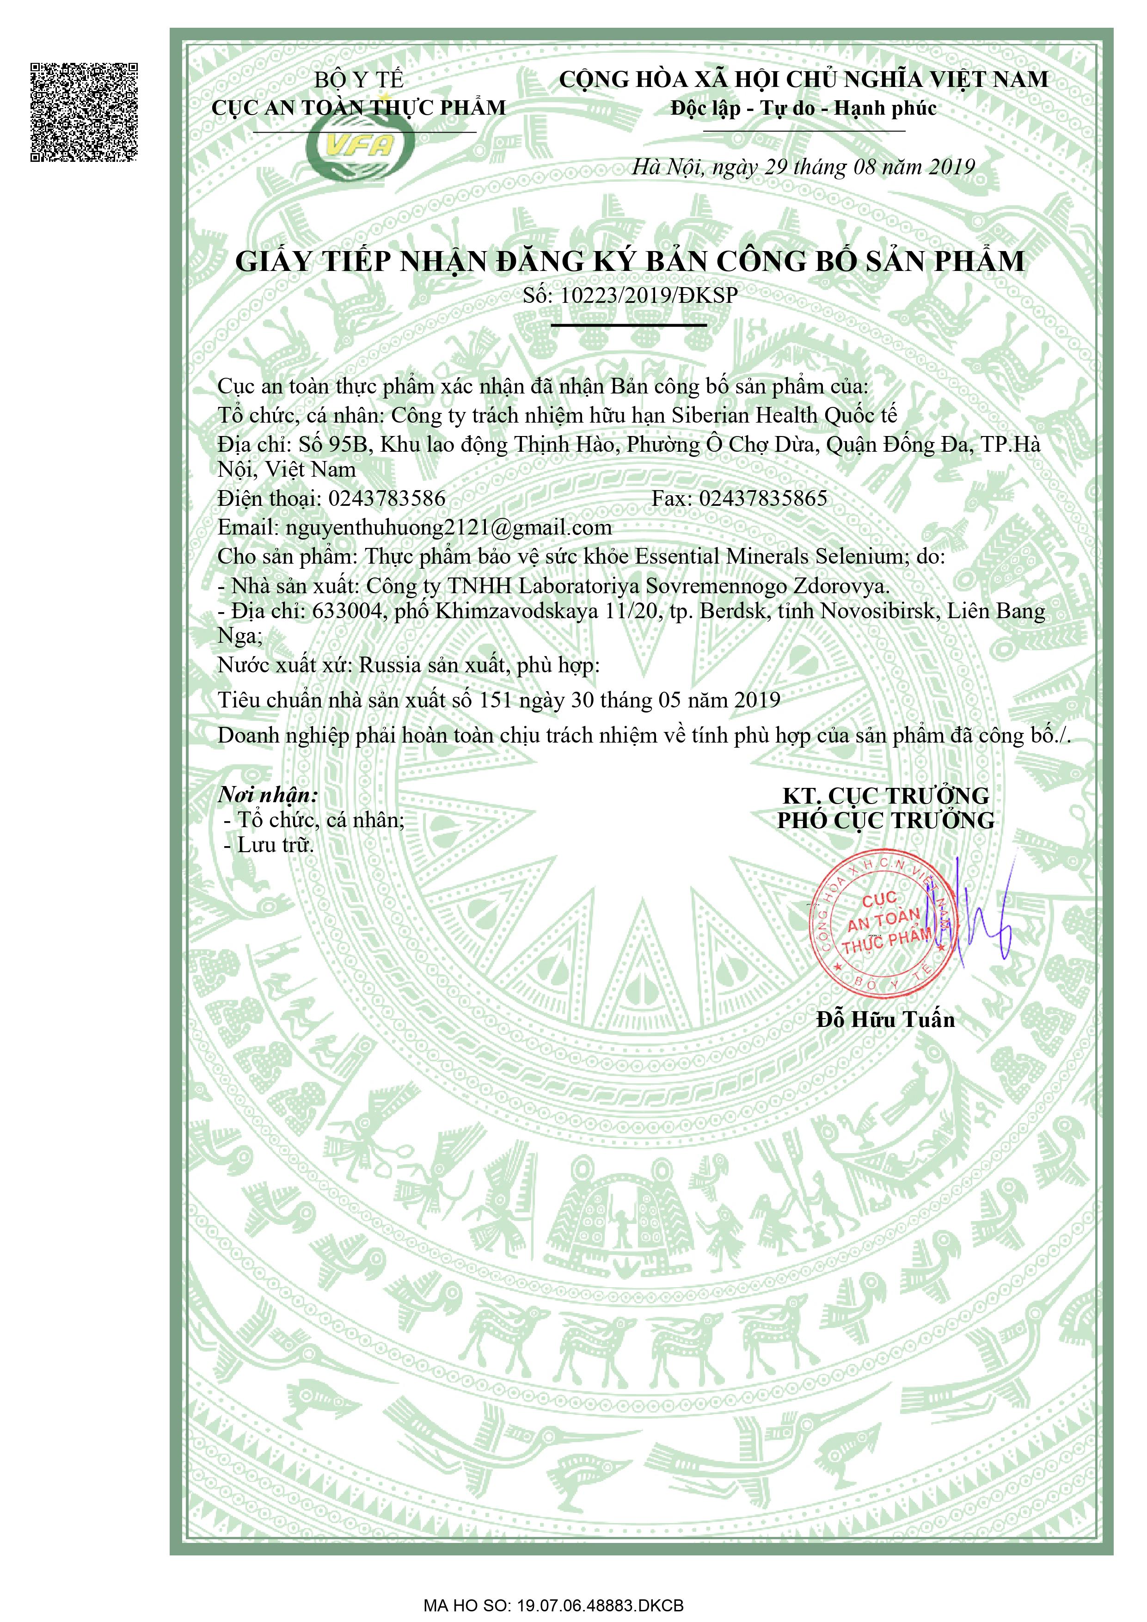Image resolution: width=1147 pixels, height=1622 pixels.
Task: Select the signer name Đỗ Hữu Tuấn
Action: click(x=886, y=1020)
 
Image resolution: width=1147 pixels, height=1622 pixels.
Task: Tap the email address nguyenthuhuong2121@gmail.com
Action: click(x=448, y=528)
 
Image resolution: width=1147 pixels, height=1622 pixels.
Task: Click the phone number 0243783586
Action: click(x=387, y=499)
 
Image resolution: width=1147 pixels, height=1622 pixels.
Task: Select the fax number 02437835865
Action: click(x=763, y=499)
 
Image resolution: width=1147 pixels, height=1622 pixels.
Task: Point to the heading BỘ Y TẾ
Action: click(x=358, y=80)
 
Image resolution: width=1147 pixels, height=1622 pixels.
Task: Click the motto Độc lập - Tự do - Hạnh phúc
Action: click(x=803, y=109)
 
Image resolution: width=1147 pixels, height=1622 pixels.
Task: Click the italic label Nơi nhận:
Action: click(x=268, y=795)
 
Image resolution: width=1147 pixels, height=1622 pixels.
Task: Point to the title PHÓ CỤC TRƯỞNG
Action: click(x=886, y=820)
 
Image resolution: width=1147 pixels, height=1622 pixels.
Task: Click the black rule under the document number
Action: click(x=629, y=326)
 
